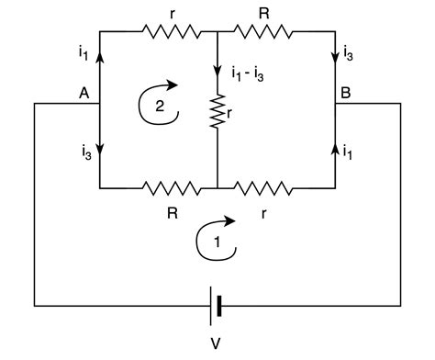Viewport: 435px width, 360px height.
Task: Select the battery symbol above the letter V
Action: pyautogui.click(x=217, y=306)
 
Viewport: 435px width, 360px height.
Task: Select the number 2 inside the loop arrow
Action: pyautogui.click(x=159, y=107)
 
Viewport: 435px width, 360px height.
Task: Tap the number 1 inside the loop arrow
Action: pyautogui.click(x=217, y=243)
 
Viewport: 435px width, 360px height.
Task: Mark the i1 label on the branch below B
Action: pyautogui.click(x=350, y=153)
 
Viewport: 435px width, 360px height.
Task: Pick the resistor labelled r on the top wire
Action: pyautogui.click(x=172, y=32)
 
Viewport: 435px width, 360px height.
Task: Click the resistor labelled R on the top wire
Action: pyautogui.click(x=263, y=32)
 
